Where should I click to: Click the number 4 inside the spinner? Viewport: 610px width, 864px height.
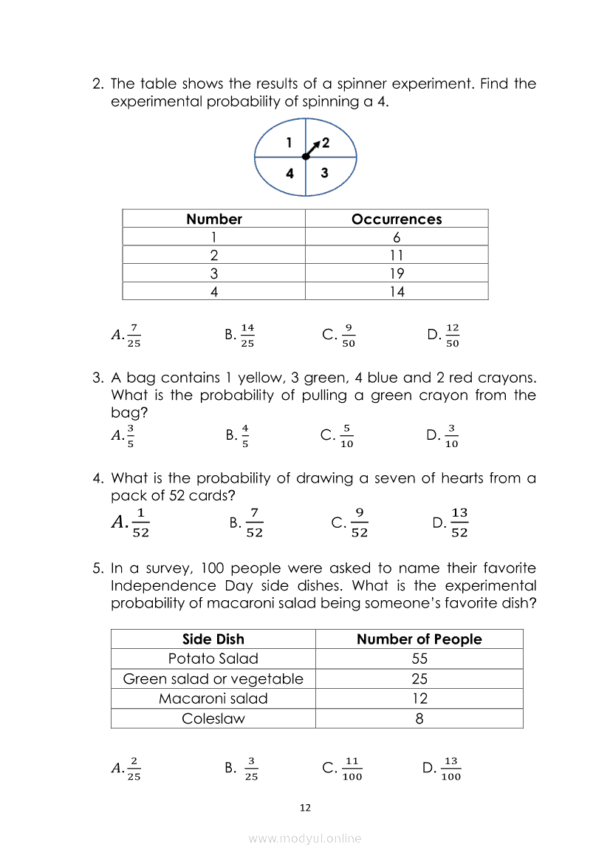pos(290,174)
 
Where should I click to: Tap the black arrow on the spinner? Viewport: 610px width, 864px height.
pos(314,148)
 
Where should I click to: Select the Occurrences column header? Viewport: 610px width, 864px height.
pos(397,219)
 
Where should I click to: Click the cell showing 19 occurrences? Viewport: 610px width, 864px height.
pos(397,273)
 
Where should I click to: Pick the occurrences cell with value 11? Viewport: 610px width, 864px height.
pos(397,256)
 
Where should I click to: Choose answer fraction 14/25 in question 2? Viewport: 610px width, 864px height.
pos(247,335)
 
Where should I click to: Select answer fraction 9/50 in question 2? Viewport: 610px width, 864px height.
pos(349,335)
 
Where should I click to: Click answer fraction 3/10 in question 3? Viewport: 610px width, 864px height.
pos(453,436)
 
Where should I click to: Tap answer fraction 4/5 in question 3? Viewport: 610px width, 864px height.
pos(245,436)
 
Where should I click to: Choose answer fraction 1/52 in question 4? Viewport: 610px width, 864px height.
pos(140,523)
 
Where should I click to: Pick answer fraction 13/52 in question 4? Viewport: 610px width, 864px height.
pos(459,523)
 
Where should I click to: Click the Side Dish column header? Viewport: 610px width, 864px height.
pos(213,639)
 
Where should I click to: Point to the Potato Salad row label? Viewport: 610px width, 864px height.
pos(213,659)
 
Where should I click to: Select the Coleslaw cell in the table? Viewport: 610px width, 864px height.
pos(213,718)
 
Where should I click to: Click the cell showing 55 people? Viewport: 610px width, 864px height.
pos(419,659)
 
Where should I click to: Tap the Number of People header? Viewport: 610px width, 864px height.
pos(419,639)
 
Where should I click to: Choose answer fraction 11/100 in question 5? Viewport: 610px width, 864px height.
pos(352,768)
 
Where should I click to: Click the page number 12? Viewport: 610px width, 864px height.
pos(305,808)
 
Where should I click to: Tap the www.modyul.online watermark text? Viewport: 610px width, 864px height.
pos(305,839)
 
